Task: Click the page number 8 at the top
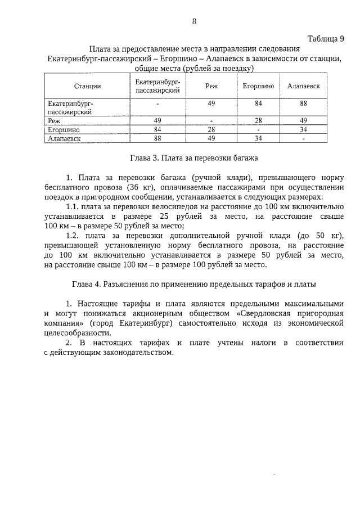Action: click(x=194, y=21)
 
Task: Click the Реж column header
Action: click(x=211, y=86)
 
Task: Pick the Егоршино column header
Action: click(x=258, y=86)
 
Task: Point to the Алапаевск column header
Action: click(x=304, y=86)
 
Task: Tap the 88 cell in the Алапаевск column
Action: click(x=304, y=103)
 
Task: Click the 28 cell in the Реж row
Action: click(x=258, y=120)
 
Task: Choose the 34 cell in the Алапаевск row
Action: click(x=258, y=137)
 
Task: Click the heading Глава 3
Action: click(x=194, y=158)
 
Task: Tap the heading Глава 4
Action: click(x=194, y=284)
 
